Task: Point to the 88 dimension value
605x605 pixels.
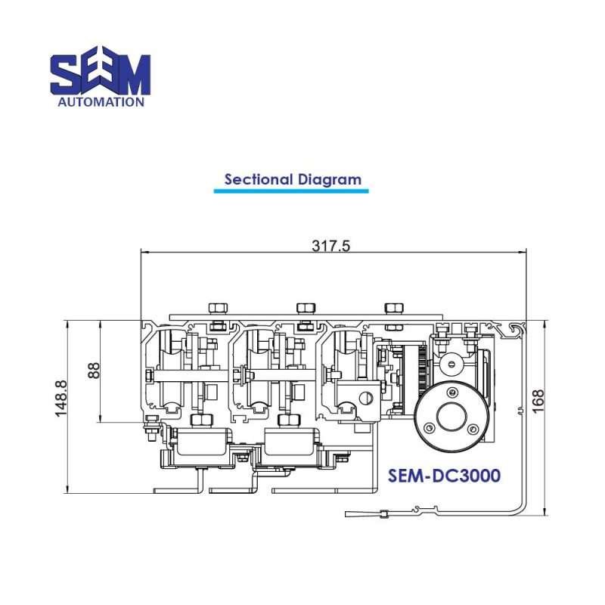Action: (x=94, y=371)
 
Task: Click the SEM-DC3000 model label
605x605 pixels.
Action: (x=444, y=476)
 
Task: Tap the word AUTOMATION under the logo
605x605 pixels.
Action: (x=101, y=101)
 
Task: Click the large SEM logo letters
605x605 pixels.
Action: (x=101, y=73)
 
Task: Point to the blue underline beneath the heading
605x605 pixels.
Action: (x=290, y=191)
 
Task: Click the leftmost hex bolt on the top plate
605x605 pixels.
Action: (x=217, y=308)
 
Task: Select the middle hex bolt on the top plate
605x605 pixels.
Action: (x=306, y=308)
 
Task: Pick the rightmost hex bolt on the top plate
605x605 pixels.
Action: (x=393, y=308)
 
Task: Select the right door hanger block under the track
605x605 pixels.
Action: (x=290, y=441)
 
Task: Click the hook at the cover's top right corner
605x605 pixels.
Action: (x=517, y=327)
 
